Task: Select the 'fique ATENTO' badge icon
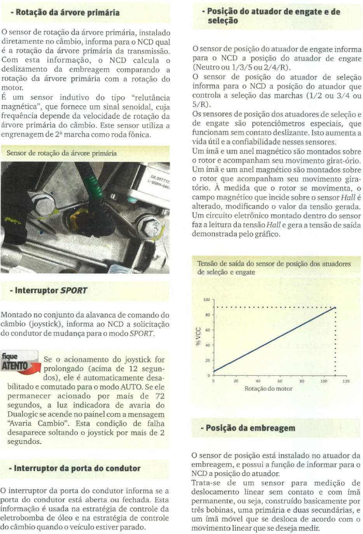pos(19,362)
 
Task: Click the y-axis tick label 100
pos(206,300)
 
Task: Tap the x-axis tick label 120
pos(346,381)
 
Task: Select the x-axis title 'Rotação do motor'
pos(268,388)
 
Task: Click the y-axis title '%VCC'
pos(198,336)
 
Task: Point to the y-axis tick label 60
pos(208,330)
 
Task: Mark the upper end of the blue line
pos(335,308)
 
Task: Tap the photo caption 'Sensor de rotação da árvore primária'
pos(61,153)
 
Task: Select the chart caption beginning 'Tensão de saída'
pos(274,268)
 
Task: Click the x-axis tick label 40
pos(258,381)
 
